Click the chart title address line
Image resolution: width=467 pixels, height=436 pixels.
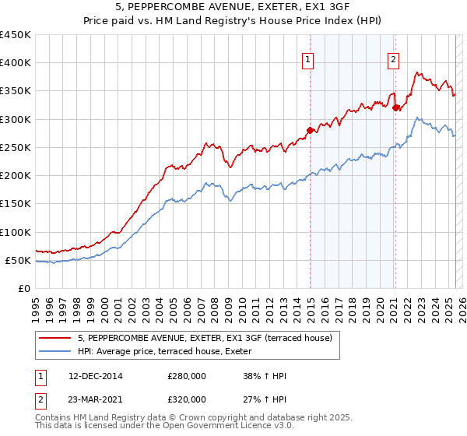tap(233, 9)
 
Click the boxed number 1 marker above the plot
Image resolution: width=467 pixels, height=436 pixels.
tap(308, 60)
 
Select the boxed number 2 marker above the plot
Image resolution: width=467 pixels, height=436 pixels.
tap(394, 60)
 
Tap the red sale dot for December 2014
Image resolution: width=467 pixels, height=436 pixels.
tap(311, 130)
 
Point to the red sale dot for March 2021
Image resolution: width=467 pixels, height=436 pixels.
tap(396, 107)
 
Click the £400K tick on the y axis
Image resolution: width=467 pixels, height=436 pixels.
tap(16, 63)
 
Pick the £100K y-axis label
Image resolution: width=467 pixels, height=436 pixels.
tap(16, 232)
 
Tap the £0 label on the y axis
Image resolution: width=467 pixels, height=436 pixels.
tap(23, 288)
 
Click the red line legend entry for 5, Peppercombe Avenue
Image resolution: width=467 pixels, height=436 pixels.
tap(205, 338)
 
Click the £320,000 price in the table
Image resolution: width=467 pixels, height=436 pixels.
tap(187, 399)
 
